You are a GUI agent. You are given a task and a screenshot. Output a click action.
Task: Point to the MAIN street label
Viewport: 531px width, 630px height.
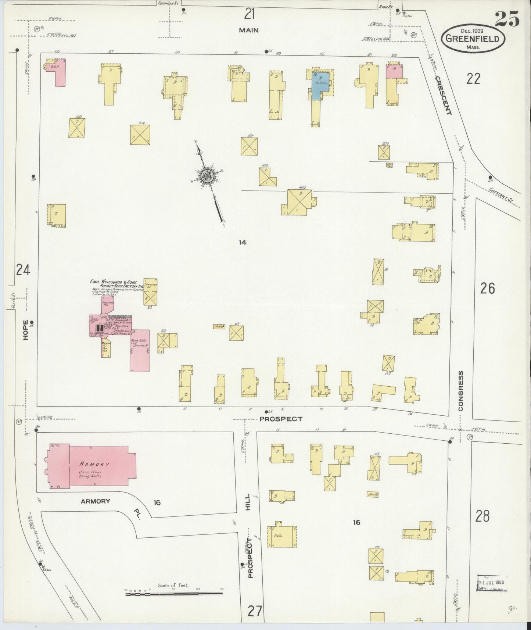(249, 31)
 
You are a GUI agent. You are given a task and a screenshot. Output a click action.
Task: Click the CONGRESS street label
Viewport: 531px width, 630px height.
(461, 391)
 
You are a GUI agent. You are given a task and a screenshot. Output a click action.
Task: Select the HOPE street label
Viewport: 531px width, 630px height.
(25, 330)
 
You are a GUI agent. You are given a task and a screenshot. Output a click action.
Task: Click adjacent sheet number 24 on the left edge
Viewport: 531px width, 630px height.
(23, 271)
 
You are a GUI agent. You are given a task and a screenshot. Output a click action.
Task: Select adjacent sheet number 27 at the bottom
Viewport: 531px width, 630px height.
(255, 611)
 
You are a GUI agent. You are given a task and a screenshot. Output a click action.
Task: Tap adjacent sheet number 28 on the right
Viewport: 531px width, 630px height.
(482, 516)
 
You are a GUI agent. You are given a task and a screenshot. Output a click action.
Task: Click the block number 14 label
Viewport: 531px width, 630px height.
(242, 242)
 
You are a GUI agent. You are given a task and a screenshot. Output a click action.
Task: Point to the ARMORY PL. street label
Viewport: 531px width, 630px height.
(110, 504)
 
